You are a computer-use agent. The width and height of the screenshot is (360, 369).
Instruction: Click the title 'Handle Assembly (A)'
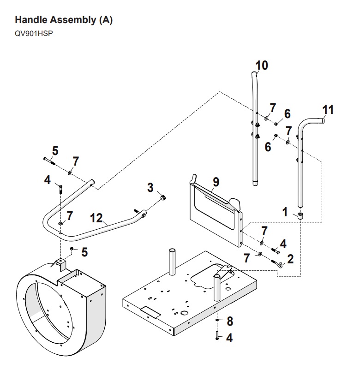(64, 20)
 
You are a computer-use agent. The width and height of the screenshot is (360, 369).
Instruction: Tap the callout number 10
(261, 65)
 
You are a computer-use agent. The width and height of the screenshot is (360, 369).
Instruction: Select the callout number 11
(328, 110)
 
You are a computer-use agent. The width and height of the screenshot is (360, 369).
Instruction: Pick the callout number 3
(150, 188)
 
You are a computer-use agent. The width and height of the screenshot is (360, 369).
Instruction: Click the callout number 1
(285, 213)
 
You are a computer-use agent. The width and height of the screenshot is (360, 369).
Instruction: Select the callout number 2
(290, 259)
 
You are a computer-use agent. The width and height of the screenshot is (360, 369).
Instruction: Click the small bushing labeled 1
(300, 215)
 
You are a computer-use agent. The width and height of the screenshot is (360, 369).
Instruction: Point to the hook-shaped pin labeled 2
(279, 263)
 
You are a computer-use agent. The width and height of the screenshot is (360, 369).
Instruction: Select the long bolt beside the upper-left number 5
(49, 161)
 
